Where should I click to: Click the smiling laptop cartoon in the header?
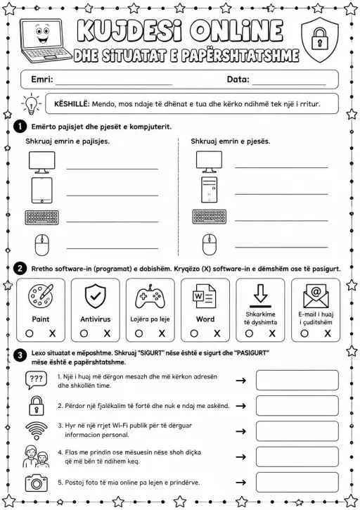coord(45,41)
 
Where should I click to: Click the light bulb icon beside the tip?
coord(31,104)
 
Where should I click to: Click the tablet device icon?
coord(41,190)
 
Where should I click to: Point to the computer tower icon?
coord(209,190)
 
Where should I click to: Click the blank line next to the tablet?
coord(112,196)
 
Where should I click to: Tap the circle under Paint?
coord(30,333)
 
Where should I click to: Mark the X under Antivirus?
coord(107,333)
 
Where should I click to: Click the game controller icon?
coord(150,297)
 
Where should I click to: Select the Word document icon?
coord(204,296)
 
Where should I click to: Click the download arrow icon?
coord(260,295)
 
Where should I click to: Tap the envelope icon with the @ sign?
coord(316,295)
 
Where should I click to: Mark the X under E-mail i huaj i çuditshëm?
coord(328,333)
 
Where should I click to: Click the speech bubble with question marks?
coord(36,380)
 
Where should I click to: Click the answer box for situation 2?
coord(297,406)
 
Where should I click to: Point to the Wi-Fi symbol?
coord(37,431)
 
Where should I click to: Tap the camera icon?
coord(36,483)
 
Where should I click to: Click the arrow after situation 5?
coord(240,483)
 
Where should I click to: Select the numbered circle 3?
coord(20,355)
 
